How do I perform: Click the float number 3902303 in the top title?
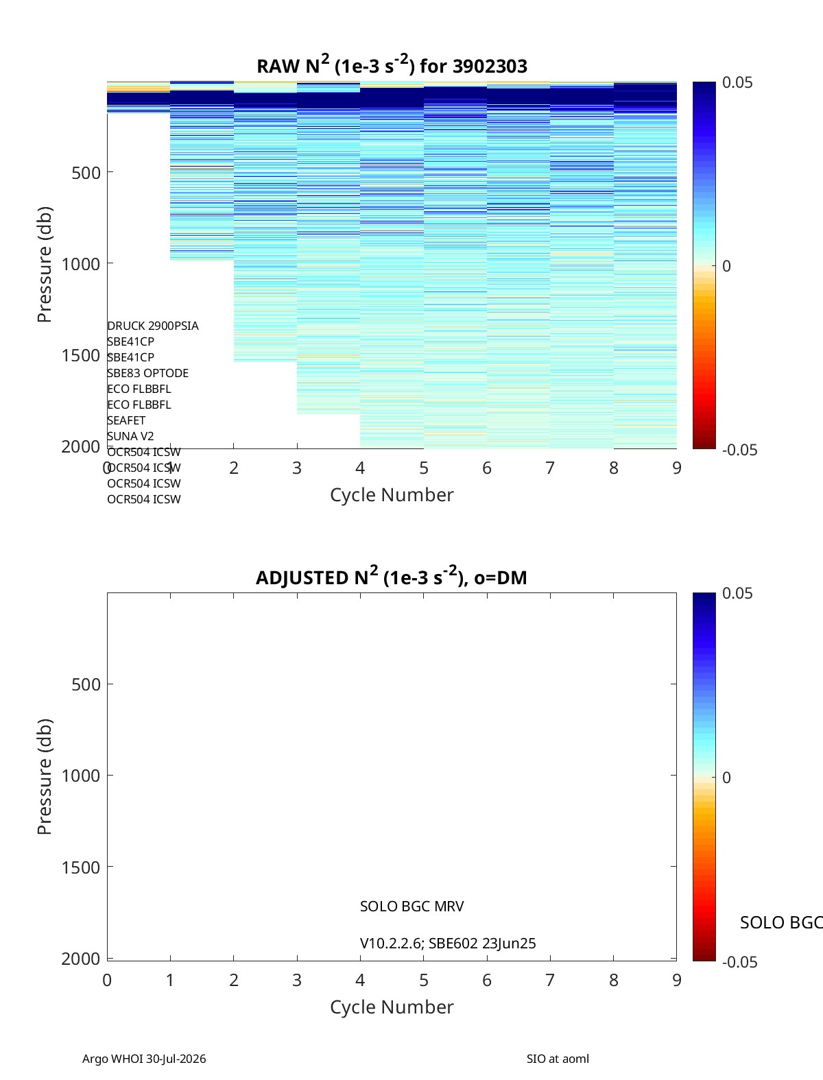pos(490,66)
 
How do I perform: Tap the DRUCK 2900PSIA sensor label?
pos(153,326)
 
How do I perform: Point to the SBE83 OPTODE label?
pos(147,373)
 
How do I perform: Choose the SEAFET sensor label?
pos(126,420)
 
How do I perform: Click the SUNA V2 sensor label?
pos(130,436)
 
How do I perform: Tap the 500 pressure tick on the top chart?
pos(86,173)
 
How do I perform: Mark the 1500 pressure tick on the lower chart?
pos(81,867)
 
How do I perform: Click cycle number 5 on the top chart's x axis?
pos(424,468)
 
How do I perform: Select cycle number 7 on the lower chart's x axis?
pos(550,980)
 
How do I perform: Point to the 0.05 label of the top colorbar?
pos(737,83)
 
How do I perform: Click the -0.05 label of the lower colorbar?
pos(739,962)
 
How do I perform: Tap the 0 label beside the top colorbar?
pos(726,266)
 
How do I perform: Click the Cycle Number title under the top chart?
pos(392,495)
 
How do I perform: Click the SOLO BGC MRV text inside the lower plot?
pos(411,907)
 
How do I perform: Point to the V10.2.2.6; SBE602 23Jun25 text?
pos(448,944)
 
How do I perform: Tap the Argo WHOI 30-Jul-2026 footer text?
pos(144,1059)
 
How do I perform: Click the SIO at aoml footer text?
pos(558,1059)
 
